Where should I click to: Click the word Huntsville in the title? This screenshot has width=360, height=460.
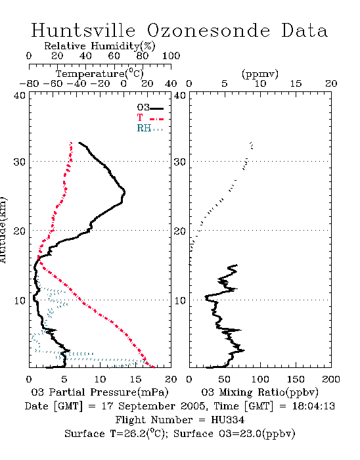83,30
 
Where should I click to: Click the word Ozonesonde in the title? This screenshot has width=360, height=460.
208,30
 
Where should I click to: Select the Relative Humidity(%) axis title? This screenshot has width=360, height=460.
100,46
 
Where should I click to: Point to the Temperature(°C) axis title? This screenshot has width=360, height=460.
100,74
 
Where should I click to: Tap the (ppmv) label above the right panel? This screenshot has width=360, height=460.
260,74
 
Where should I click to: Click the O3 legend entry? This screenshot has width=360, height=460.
150,108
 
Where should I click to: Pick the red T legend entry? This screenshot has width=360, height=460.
150,118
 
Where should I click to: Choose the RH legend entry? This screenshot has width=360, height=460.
150,129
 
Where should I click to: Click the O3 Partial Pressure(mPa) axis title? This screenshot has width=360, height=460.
100,392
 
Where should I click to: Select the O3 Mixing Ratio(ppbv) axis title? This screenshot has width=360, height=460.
259,392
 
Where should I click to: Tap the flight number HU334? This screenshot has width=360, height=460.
227,420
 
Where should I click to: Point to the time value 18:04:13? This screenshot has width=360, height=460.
313,406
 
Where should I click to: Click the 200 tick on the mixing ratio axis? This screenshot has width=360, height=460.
331,379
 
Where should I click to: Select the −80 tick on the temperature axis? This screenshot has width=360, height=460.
29,84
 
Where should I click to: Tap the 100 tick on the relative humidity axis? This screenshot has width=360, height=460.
171,56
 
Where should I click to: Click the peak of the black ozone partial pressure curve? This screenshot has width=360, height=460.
125,193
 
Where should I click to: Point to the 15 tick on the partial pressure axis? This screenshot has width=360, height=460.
135,379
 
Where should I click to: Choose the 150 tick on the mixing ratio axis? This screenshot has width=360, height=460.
296,379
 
